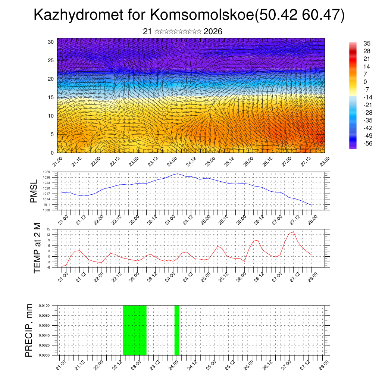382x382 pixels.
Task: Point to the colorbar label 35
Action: (x=367, y=43)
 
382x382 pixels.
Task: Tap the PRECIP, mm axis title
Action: (x=29, y=330)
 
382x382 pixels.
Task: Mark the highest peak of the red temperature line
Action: (x=293, y=232)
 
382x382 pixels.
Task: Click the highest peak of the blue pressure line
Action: (x=178, y=173)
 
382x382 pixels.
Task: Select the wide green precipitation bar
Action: (x=135, y=330)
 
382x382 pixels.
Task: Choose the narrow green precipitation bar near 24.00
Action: (x=177, y=330)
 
